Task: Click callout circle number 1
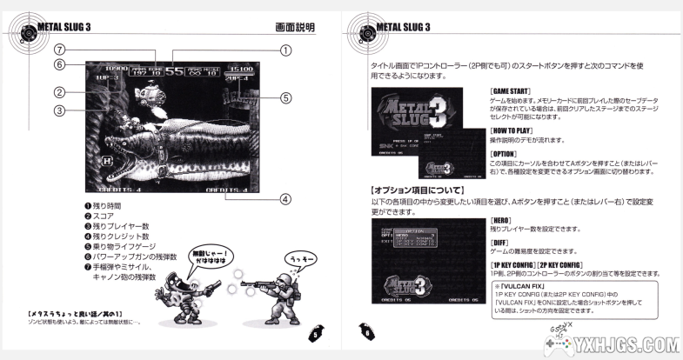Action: [285, 51]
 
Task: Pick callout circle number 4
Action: [285, 198]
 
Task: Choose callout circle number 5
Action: [285, 97]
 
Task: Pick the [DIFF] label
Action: [499, 243]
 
